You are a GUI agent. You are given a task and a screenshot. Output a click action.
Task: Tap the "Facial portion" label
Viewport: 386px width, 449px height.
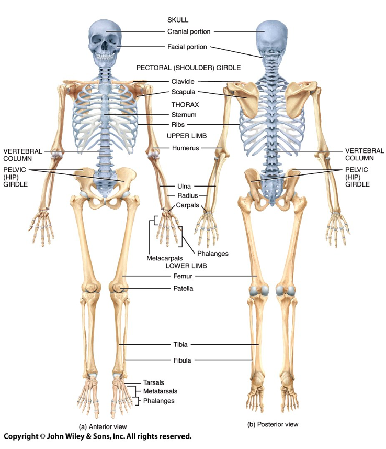point(187,47)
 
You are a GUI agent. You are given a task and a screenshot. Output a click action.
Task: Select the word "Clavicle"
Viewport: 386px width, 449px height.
point(183,81)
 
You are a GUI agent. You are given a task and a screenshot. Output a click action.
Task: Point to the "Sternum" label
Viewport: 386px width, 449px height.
point(183,114)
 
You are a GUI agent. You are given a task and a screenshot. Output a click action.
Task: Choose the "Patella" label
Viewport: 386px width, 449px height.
point(183,288)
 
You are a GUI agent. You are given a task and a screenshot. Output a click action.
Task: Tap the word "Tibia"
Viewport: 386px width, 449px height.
point(180,345)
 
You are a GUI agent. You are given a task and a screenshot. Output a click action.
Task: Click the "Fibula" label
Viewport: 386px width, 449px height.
point(181,360)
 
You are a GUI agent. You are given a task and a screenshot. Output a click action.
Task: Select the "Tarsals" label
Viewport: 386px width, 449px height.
point(154,382)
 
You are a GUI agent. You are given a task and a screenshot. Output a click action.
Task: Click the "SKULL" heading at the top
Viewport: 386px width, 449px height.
point(178,20)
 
